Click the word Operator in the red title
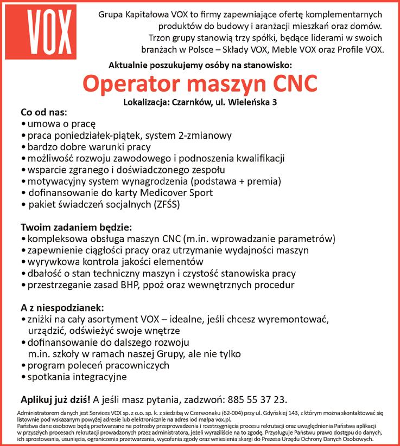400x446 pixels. pyautogui.click(x=130, y=85)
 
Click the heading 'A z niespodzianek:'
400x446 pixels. pyautogui.click(x=65, y=307)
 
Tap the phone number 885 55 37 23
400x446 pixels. pyautogui.click(x=255, y=400)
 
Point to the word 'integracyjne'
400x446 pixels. pyautogui.click(x=97, y=376)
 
